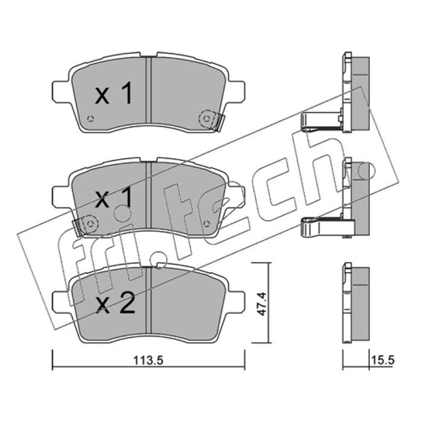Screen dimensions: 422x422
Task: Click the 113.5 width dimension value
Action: coord(148,360)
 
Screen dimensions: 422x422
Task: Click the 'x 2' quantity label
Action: coord(115,305)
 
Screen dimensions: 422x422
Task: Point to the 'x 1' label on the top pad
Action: coord(113,93)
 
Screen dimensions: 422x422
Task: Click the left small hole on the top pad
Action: coord(91,118)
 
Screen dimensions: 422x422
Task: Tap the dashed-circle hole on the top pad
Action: coord(206,118)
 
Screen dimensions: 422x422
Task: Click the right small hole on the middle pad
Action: coord(206,224)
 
